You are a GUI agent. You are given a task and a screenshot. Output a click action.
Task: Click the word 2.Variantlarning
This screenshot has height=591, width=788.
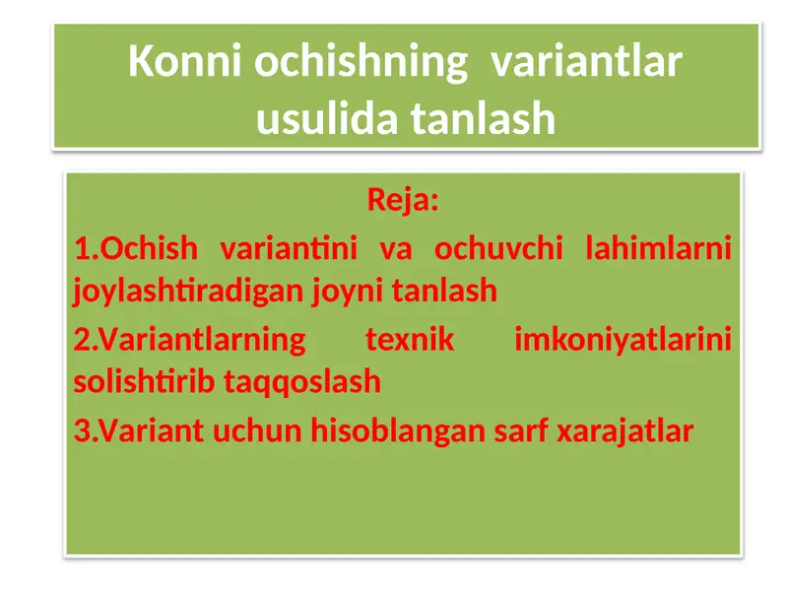[x=190, y=341]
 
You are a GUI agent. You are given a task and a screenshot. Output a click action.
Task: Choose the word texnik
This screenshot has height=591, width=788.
[x=410, y=341]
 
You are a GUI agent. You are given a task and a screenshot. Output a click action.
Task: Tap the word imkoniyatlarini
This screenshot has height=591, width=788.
[x=623, y=341]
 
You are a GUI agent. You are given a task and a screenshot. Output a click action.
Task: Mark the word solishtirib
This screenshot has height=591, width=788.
[x=147, y=382]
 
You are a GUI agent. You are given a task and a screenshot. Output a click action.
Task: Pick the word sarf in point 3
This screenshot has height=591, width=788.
[x=522, y=430]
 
